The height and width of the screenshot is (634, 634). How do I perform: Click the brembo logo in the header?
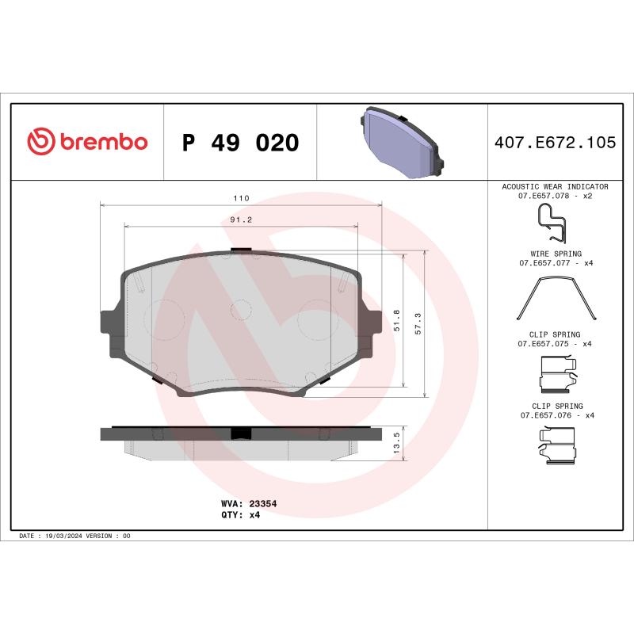tap(87, 143)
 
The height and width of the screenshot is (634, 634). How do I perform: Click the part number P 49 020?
tap(240, 143)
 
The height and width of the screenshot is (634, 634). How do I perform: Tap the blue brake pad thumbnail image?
tap(402, 143)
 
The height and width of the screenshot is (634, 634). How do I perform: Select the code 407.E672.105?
tap(555, 143)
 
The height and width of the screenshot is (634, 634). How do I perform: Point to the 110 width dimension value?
tap(241, 198)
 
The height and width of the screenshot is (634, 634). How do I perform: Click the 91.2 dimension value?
tap(241, 220)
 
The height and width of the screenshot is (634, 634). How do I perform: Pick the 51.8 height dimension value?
tap(396, 321)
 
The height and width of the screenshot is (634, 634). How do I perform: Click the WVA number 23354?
tap(262, 503)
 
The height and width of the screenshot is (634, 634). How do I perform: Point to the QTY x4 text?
tap(254, 514)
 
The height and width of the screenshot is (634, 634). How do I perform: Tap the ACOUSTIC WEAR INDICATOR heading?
tap(555, 185)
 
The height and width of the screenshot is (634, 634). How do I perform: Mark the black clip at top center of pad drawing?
tap(240, 252)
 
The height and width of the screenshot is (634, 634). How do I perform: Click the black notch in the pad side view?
tap(239, 433)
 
